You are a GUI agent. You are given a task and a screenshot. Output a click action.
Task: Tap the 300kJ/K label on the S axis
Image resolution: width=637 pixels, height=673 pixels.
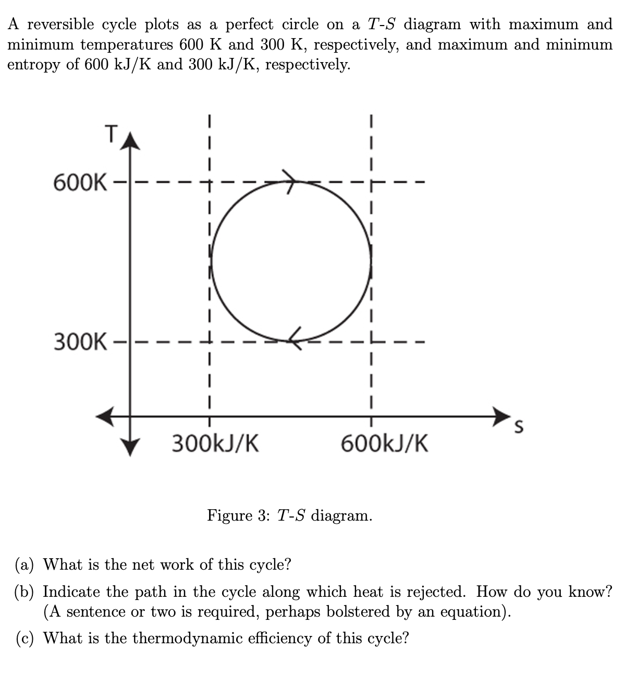tap(215, 444)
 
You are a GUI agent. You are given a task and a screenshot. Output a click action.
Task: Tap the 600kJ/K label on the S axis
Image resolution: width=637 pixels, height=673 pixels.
tap(385, 444)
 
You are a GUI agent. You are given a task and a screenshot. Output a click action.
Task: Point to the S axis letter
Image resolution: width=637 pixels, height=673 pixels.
tap(518, 427)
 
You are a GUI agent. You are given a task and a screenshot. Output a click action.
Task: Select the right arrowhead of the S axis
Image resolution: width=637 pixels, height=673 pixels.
tap(501, 416)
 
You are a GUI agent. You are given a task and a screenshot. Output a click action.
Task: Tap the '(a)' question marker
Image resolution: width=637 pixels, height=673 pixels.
tap(25, 564)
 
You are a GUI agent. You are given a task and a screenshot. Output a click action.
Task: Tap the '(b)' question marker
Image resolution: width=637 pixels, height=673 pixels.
tap(26, 592)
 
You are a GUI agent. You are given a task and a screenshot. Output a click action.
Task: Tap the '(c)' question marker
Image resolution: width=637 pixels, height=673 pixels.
tap(25, 638)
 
